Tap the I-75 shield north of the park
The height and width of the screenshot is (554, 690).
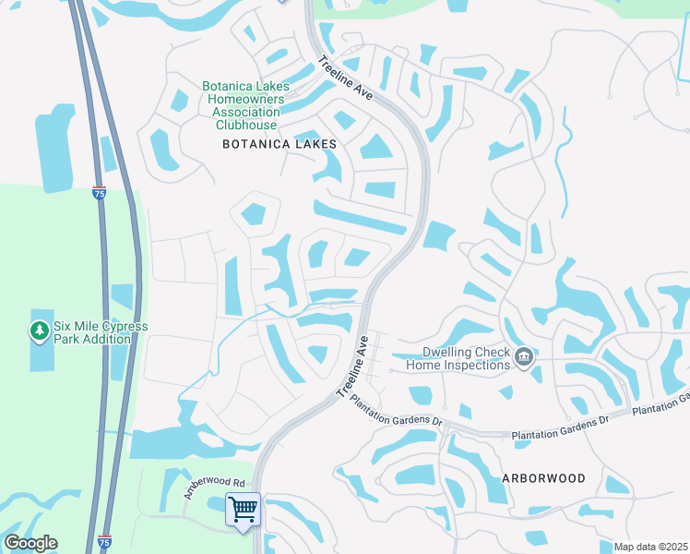[x=99, y=193]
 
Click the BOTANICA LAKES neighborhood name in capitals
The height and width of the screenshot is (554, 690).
[x=280, y=145]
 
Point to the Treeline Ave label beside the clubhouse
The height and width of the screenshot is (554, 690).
[x=345, y=80]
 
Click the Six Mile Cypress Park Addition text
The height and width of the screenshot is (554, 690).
[x=101, y=333]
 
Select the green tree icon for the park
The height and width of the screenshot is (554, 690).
[x=39, y=330]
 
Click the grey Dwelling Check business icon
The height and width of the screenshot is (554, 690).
[x=524, y=356]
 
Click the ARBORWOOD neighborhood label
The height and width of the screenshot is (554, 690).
[x=543, y=478]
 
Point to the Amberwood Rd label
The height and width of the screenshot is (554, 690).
[x=213, y=488]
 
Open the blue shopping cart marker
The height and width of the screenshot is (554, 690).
[x=244, y=509]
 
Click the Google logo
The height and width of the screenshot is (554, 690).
[x=30, y=543]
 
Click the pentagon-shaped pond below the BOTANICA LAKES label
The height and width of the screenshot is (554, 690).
[x=254, y=215]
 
